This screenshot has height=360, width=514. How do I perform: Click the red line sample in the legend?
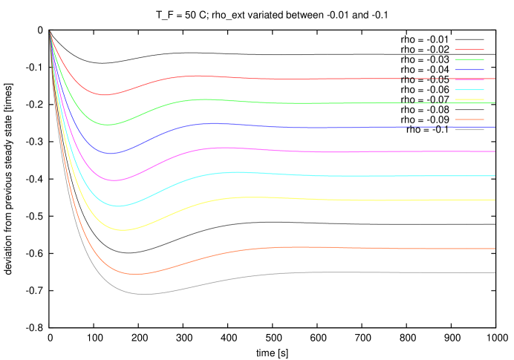(x=469, y=50)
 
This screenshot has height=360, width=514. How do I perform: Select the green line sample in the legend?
(x=469, y=59)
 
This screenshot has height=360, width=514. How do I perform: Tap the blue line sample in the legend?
(x=469, y=70)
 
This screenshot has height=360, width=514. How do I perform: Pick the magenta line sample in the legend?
(x=469, y=79)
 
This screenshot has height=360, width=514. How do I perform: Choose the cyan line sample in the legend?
(x=469, y=89)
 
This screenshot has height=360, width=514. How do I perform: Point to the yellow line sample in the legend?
(x=469, y=99)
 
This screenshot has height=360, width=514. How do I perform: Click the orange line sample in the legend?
(x=469, y=120)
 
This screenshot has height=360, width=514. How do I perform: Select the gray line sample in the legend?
(x=469, y=130)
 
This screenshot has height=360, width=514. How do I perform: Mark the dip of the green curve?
(x=107, y=125)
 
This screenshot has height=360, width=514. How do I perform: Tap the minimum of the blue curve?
(x=111, y=154)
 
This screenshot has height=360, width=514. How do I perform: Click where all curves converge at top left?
(x=50, y=32)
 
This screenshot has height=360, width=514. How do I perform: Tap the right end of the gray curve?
(x=495, y=272)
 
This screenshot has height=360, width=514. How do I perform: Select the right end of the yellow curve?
(x=495, y=200)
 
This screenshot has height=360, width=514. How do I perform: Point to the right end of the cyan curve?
(x=495, y=176)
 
